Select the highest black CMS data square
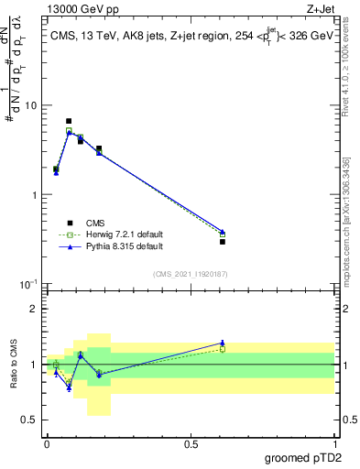69,121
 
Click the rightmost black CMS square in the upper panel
223,241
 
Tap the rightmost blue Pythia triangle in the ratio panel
223,343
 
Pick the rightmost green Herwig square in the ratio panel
223,349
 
